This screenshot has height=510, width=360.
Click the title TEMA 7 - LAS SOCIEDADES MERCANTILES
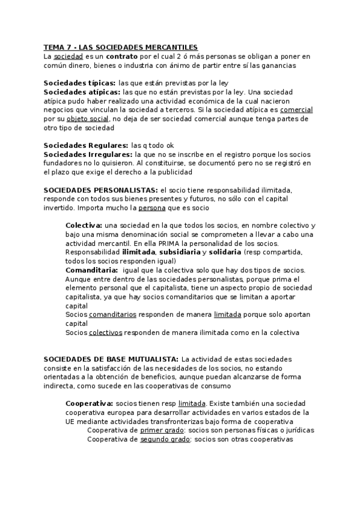[121, 47]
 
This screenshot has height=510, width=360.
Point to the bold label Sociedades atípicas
[82, 92]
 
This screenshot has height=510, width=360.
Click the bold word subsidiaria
[178, 253]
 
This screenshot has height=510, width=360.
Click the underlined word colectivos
[105, 333]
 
